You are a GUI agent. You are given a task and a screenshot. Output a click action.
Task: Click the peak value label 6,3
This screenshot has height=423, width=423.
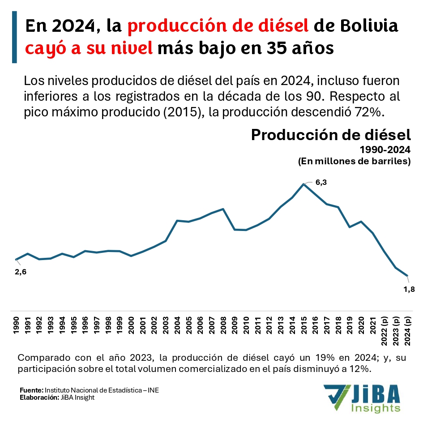pos(321,182)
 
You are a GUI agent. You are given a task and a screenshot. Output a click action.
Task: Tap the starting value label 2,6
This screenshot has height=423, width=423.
pos(21,272)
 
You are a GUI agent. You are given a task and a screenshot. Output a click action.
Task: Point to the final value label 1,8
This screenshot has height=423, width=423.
pos(409,289)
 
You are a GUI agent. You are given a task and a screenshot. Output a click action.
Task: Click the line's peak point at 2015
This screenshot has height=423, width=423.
pos(304,184)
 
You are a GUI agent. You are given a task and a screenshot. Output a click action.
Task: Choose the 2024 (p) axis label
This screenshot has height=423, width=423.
pos(407,331)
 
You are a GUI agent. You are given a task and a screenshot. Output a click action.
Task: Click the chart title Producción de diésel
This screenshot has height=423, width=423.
pos(331,135)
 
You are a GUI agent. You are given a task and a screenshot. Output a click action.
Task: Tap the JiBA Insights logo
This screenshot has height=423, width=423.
pos(363,397)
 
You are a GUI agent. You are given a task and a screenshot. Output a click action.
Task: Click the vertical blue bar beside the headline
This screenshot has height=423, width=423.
pos(14,37)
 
